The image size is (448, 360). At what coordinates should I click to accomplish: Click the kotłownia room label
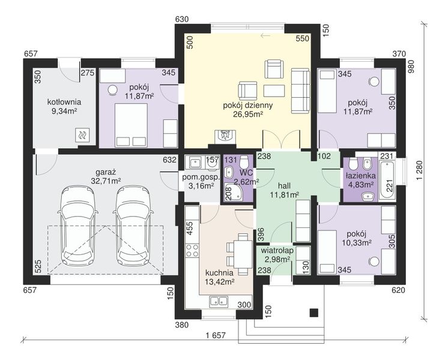tap(64, 102)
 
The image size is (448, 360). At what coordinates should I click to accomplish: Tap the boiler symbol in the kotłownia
tap(82, 134)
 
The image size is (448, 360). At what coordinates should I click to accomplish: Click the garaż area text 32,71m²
tap(106, 181)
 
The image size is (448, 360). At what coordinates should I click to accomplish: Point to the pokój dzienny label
tap(247, 105)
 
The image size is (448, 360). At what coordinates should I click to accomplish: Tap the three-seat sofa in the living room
tap(301, 91)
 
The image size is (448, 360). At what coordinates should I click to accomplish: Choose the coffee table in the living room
tap(274, 91)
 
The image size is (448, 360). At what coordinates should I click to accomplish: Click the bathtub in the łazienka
tap(387, 180)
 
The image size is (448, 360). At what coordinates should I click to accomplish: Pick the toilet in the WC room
tap(244, 162)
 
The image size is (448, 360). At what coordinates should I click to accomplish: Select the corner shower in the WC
tap(232, 193)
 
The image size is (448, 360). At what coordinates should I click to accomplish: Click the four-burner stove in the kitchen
tap(192, 250)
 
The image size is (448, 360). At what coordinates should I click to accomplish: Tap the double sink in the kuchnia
tap(219, 301)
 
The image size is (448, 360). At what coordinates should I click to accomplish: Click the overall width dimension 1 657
tap(216, 335)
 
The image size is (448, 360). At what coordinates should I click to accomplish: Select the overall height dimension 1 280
tap(419, 171)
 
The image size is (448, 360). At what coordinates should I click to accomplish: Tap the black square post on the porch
tap(314, 313)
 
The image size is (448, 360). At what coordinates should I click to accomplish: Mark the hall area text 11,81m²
tap(285, 195)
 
